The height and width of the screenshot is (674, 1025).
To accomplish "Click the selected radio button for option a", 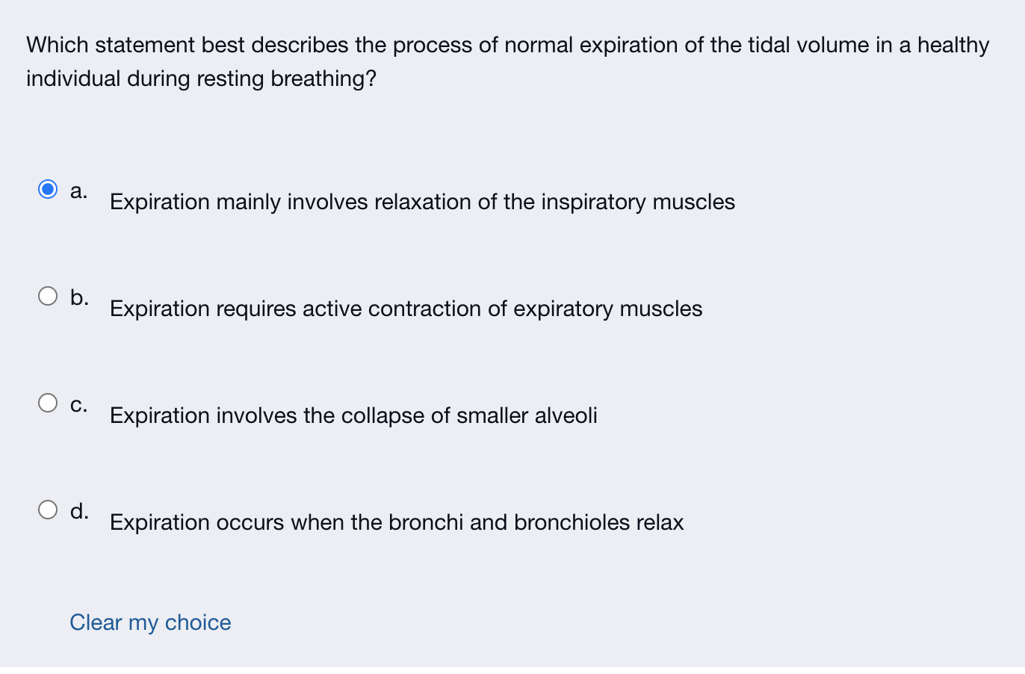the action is point(48,190).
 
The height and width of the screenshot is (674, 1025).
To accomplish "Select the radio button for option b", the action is point(48,296).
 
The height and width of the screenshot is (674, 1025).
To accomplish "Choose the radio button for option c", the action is point(48,403).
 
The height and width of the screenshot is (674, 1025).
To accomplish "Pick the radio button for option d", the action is point(48,510).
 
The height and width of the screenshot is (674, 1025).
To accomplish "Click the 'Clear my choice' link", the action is point(150,622).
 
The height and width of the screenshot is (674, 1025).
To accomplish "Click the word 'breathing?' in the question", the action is point(323,78).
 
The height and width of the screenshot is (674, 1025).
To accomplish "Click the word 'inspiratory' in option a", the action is point(593,202).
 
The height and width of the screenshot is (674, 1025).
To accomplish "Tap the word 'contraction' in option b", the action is point(424,309).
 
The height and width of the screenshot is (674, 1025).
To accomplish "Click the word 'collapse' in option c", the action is point(383,416).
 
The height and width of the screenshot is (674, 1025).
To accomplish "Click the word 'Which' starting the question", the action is point(58,45).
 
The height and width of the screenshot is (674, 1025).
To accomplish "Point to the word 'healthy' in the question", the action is point(953,46).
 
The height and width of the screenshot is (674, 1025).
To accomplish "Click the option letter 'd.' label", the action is point(79,510).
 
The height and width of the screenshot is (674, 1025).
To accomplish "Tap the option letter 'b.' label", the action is point(79,297).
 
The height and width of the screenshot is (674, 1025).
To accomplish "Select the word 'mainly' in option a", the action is point(249,202).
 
